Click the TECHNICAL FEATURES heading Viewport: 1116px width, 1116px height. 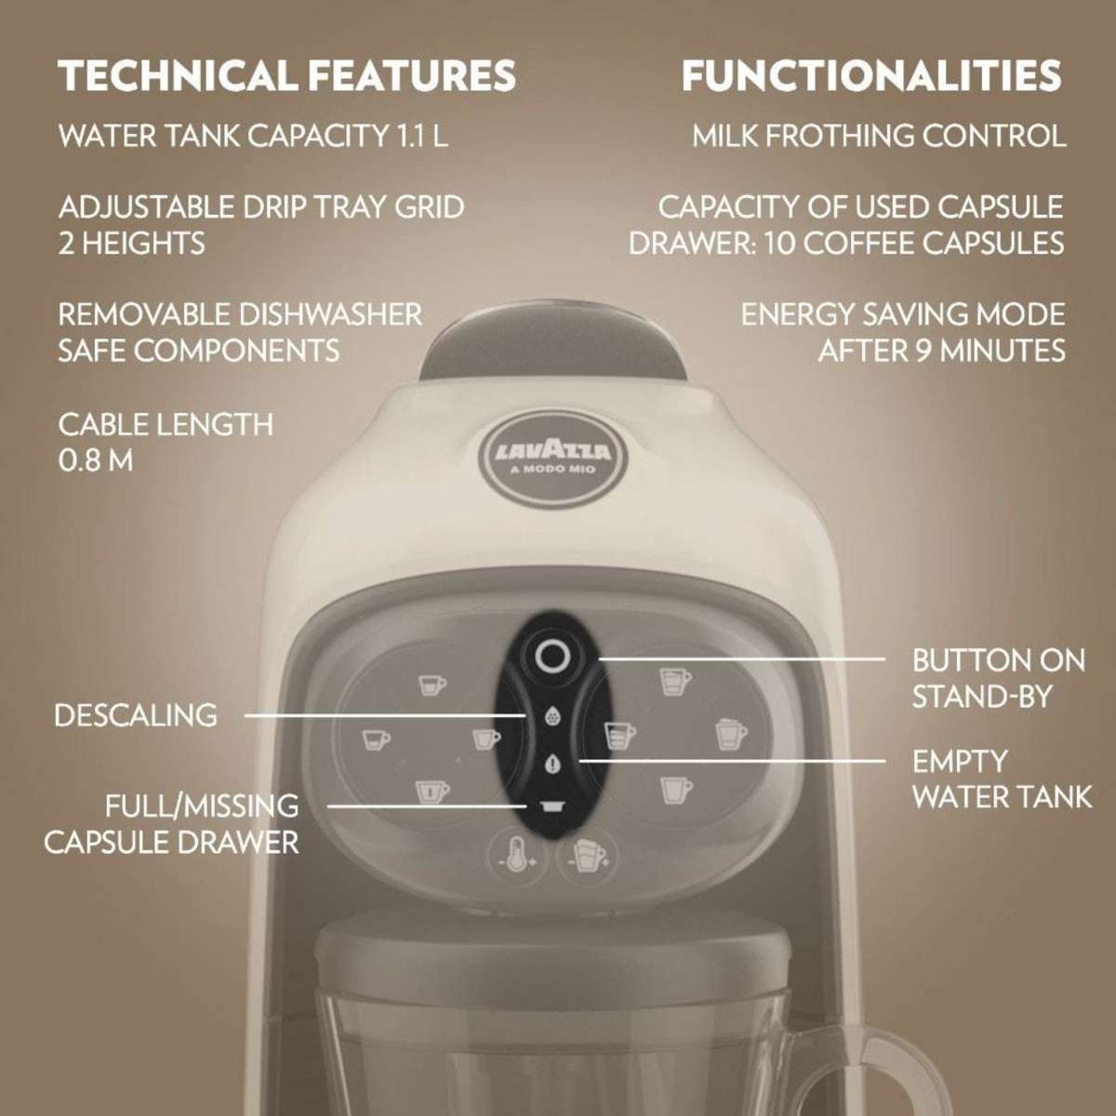pyautogui.click(x=287, y=75)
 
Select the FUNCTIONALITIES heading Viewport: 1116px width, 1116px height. pyautogui.click(x=871, y=75)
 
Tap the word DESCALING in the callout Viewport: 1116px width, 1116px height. pyautogui.click(x=136, y=715)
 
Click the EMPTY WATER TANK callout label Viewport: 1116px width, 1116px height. pyautogui.click(x=1001, y=779)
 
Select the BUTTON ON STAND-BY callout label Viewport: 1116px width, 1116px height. pyautogui.click(x=998, y=678)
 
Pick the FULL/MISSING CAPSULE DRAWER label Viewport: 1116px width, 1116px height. pyautogui.click(x=173, y=823)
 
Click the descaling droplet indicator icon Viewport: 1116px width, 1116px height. pyautogui.click(x=552, y=716)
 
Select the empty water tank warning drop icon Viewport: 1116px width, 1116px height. pyautogui.click(x=552, y=764)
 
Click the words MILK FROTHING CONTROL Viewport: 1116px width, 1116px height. pyautogui.click(x=879, y=137)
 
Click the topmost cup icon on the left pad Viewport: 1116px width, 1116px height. pyautogui.click(x=430, y=684)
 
